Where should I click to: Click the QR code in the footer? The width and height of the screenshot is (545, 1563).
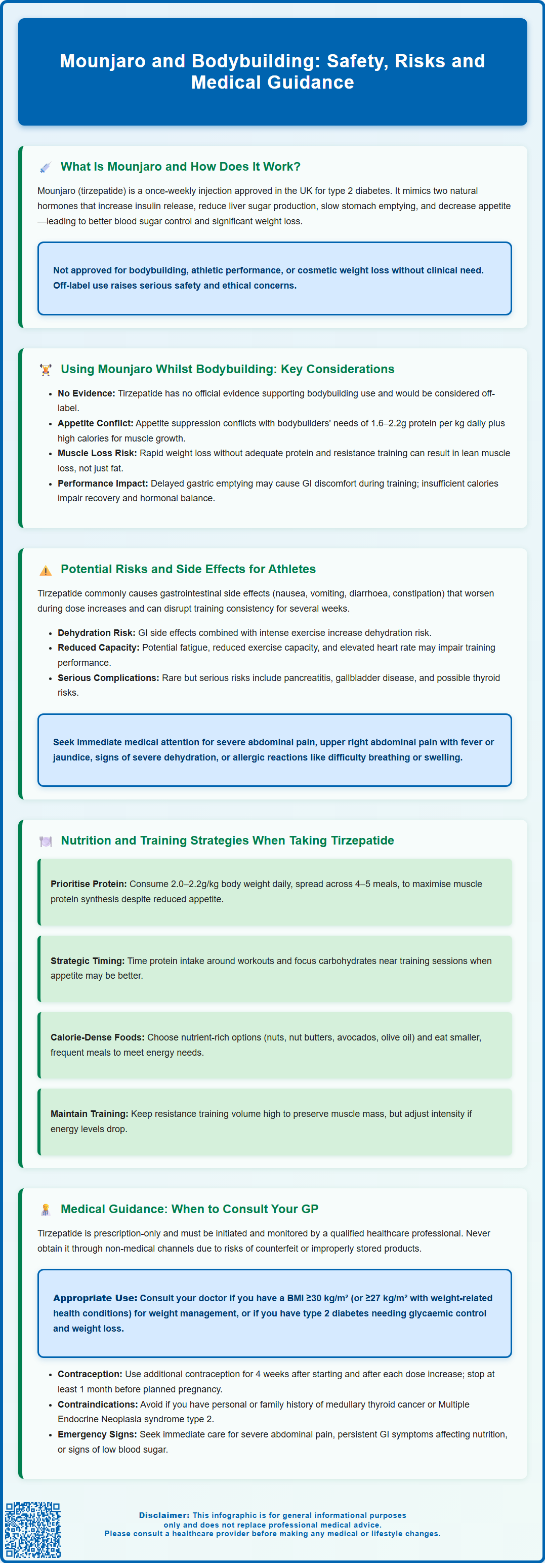[33, 1530]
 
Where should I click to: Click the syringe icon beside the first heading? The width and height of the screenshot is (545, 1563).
[46, 168]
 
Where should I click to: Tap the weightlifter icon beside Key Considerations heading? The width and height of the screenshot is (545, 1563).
[46, 370]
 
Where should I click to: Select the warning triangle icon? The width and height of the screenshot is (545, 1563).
[46, 570]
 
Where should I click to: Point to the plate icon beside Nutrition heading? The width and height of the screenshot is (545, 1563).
[46, 841]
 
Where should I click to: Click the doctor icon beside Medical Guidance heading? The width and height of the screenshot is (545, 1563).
[46, 1209]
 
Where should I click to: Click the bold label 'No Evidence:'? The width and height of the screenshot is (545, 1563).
[86, 393]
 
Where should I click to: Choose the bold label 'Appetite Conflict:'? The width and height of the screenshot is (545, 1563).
[95, 423]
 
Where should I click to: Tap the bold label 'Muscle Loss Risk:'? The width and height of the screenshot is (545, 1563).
[97, 453]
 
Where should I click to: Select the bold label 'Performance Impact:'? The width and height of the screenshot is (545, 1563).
[102, 484]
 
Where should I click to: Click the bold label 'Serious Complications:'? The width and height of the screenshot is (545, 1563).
[108, 678]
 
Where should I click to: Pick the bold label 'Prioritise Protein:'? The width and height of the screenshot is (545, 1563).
[89, 884]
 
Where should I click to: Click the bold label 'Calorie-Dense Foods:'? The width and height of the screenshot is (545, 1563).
[97, 1037]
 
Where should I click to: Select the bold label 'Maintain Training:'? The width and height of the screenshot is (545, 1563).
[89, 1114]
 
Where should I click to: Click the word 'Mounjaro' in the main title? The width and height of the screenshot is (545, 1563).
[102, 61]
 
